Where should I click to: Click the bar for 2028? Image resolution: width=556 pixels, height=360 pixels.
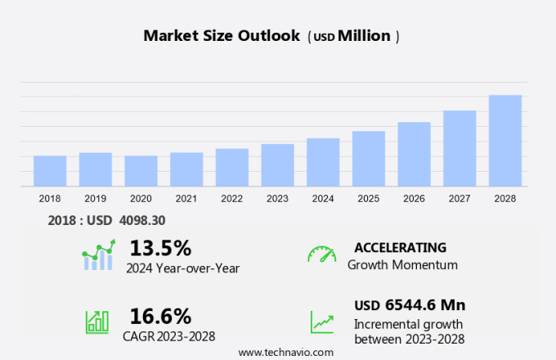coord(505,141)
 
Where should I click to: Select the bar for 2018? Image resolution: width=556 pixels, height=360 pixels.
coord(50,171)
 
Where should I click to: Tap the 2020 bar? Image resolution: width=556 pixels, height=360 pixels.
coord(141,171)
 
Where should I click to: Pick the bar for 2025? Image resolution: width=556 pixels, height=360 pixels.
coord(369,159)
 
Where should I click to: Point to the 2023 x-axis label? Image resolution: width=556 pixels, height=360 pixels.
coord(277,198)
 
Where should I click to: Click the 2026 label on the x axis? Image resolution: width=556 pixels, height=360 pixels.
coord(414,198)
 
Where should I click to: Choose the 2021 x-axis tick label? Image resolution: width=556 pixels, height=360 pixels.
coord(186,198)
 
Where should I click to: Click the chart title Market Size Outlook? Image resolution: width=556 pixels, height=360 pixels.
coord(221,36)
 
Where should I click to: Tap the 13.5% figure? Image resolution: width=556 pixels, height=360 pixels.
coord(160,247)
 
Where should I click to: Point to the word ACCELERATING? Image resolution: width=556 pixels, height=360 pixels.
coord(400,247)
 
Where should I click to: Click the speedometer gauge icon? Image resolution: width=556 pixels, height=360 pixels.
coord(321,254)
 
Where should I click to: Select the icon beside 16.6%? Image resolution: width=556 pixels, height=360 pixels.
coord(97,322)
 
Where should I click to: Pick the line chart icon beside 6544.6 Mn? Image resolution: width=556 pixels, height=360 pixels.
coord(321,322)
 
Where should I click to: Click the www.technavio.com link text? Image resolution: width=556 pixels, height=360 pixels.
coord(285,352)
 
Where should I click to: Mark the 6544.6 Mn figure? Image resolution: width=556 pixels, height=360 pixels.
coord(423,305)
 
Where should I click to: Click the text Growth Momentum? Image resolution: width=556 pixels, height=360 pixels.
coord(402,265)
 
